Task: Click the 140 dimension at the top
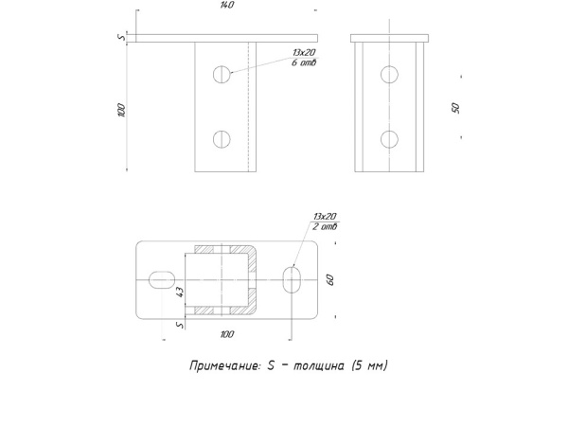(x=227, y=5)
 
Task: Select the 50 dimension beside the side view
(x=455, y=108)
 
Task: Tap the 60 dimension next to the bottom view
(x=330, y=279)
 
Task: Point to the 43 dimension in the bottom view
(x=180, y=292)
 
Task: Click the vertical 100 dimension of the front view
(x=122, y=110)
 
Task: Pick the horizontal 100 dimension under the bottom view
(x=227, y=334)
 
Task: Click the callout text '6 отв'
(x=304, y=62)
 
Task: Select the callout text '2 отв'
(x=325, y=227)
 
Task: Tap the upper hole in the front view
(x=222, y=75)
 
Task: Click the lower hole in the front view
(x=222, y=139)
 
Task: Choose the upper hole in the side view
(x=389, y=75)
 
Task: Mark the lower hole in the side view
(x=389, y=139)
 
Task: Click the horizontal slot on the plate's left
(x=162, y=279)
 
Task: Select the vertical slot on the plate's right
(x=292, y=279)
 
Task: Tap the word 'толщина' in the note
(x=318, y=365)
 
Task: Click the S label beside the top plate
(x=122, y=37)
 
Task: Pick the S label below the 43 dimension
(x=180, y=325)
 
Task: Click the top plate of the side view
(x=389, y=39)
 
